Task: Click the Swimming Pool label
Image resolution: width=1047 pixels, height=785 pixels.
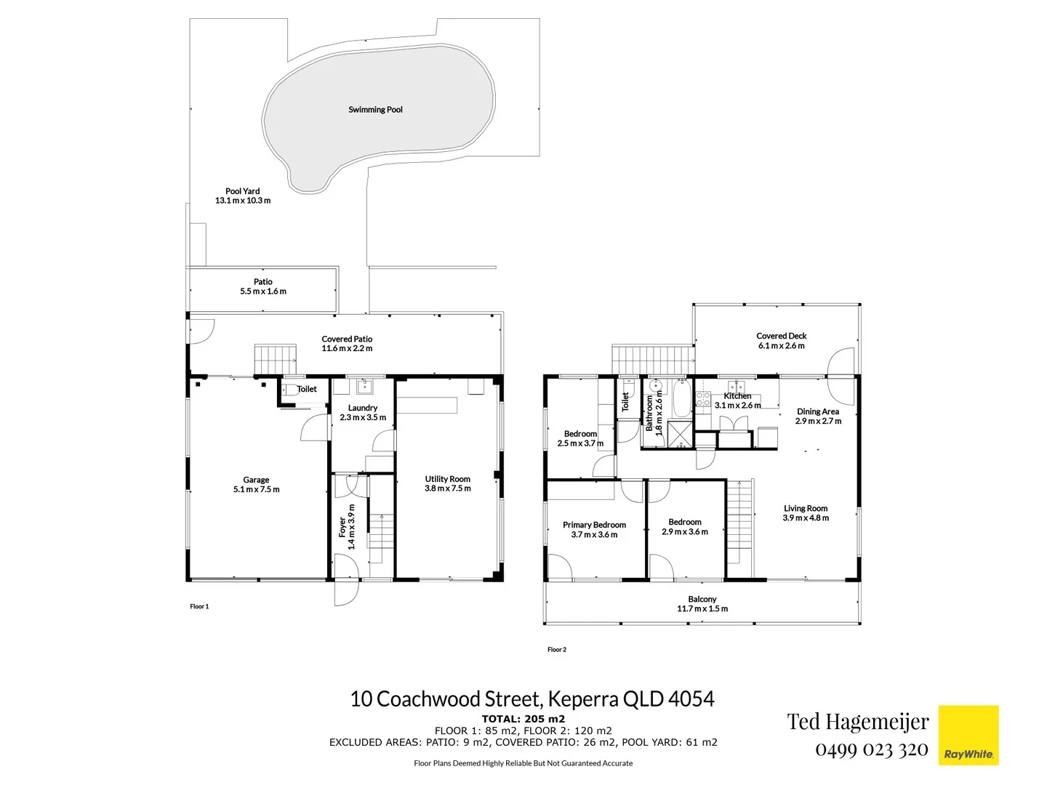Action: point(375,110)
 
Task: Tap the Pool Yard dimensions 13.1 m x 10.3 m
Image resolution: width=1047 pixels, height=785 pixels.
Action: point(243,201)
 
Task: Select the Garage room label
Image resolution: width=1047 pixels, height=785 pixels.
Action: point(256,480)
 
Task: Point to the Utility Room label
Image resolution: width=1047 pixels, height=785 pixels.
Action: point(447,479)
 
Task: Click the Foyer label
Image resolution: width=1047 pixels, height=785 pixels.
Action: point(342,526)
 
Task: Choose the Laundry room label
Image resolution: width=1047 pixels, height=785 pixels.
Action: point(362,408)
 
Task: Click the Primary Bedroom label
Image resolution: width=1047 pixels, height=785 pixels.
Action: point(594,525)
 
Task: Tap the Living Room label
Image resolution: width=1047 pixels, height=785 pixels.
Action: point(805,509)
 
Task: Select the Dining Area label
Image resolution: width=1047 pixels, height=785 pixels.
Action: point(817,411)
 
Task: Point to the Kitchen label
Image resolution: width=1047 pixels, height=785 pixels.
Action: point(737,396)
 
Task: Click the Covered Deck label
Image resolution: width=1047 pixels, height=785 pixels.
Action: point(781,336)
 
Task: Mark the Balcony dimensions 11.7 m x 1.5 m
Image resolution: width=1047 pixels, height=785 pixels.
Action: point(702,609)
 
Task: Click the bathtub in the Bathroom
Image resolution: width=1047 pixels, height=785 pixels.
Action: point(681,397)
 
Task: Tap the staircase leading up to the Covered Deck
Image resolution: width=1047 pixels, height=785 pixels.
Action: point(651,359)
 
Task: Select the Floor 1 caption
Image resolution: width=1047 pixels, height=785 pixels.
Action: point(199,606)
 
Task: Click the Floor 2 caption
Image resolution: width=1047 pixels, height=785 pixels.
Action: point(556,650)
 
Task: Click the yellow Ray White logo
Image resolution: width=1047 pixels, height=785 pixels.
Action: point(968,735)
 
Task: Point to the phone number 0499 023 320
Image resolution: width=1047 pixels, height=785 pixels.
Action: point(871,749)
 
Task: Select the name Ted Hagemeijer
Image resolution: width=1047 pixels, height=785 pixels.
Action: point(857,722)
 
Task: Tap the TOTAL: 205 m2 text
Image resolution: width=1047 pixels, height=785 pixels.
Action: point(523,719)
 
